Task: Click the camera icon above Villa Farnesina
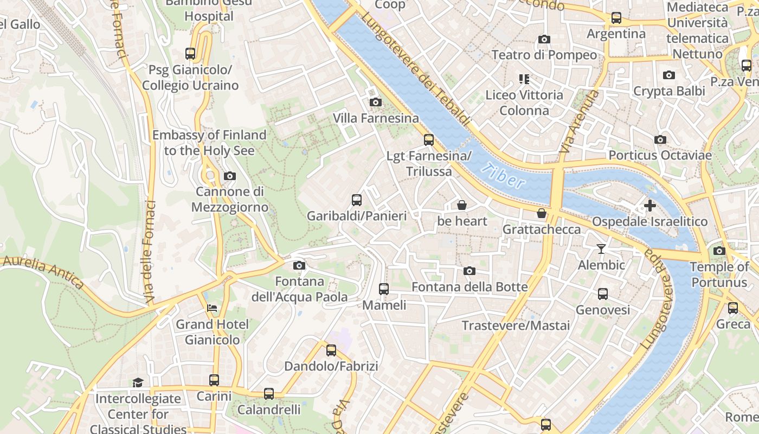coord(375,102)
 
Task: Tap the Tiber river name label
coord(504,175)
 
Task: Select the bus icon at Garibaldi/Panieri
coord(356,200)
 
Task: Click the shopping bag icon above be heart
coord(462,205)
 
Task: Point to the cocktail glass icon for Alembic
coord(601,249)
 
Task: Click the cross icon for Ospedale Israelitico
coord(649,206)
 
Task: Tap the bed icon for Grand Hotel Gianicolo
coord(212,308)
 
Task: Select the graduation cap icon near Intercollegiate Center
coord(138,382)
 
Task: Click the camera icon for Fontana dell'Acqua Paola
coord(299,265)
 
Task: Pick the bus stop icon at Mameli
coord(384,289)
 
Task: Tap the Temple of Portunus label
coord(719,275)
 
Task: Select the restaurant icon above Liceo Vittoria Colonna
coord(524,79)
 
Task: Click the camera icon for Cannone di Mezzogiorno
coord(229,176)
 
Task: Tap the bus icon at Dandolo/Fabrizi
coord(331,350)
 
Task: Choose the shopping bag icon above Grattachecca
coord(541,213)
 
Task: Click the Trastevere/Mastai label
coord(516,325)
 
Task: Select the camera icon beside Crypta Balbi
coord(669,75)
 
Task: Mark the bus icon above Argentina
coord(616,18)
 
